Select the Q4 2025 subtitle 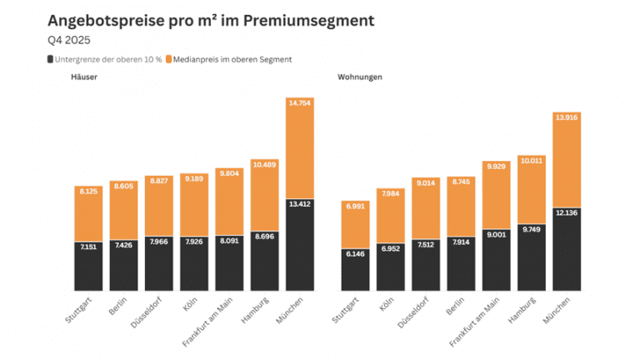[x=69, y=39]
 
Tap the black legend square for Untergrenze [x=51, y=59]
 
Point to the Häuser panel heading [x=85, y=77]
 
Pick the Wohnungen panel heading [x=360, y=77]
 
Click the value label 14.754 [x=299, y=103]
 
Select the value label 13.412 [x=299, y=202]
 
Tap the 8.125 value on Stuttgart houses [x=88, y=192]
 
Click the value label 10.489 [x=264, y=164]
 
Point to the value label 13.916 [x=567, y=117]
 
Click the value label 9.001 [x=496, y=234]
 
